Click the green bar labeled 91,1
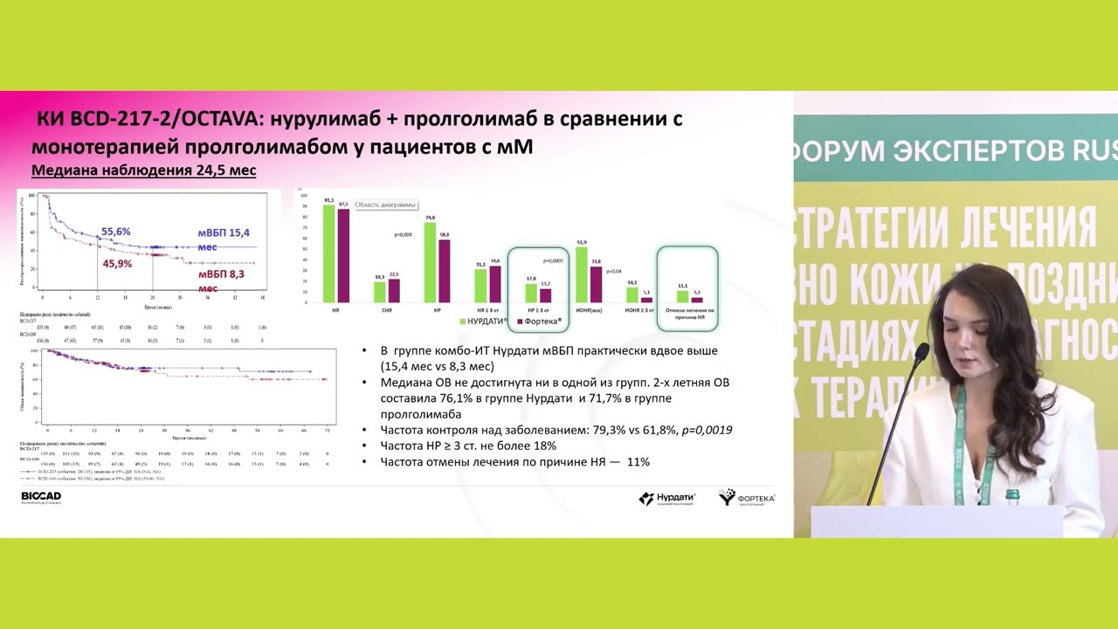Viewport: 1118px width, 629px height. pyautogui.click(x=329, y=253)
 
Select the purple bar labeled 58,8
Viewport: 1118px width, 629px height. pyautogui.click(x=443, y=271)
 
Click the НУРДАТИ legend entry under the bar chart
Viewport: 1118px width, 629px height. pyautogui.click(x=488, y=321)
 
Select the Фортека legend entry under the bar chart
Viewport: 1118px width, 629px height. pyautogui.click(x=539, y=321)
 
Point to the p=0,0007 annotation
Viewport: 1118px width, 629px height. pyautogui.click(x=554, y=260)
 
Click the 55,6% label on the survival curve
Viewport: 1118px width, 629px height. pyautogui.click(x=116, y=232)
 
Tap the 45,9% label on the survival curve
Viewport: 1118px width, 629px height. pyautogui.click(x=117, y=263)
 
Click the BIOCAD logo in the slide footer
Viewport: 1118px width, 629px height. pyautogui.click(x=41, y=498)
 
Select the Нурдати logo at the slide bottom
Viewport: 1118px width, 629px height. pyautogui.click(x=667, y=498)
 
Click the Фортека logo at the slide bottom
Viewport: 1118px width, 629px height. pyautogui.click(x=747, y=498)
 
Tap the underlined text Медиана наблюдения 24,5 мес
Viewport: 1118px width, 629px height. pyautogui.click(x=143, y=170)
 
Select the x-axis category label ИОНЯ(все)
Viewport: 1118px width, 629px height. pyautogui.click(x=588, y=310)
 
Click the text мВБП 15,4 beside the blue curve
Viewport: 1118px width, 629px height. pyautogui.click(x=222, y=232)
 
